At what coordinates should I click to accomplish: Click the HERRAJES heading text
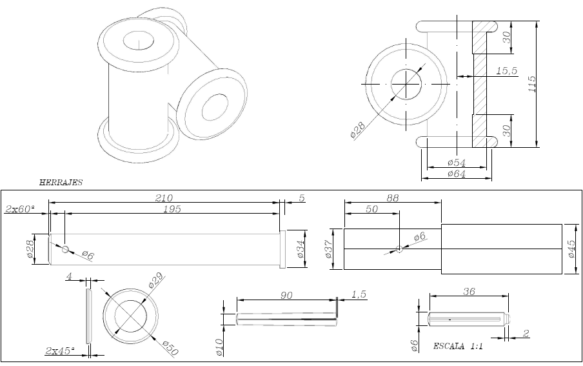click(x=61, y=183)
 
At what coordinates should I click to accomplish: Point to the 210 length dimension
click(x=165, y=197)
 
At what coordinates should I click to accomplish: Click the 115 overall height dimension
click(x=532, y=83)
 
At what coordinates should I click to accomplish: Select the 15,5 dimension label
click(x=507, y=72)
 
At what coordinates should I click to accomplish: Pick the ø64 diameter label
click(x=456, y=174)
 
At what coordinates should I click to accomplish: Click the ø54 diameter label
click(x=456, y=162)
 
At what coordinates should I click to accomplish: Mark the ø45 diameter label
click(x=571, y=249)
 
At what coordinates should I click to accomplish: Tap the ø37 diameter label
click(x=329, y=249)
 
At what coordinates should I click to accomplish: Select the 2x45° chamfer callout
click(x=59, y=351)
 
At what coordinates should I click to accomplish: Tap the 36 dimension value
click(x=469, y=292)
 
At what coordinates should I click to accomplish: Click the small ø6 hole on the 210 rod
click(x=65, y=249)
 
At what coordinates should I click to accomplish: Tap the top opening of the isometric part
click(x=137, y=40)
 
